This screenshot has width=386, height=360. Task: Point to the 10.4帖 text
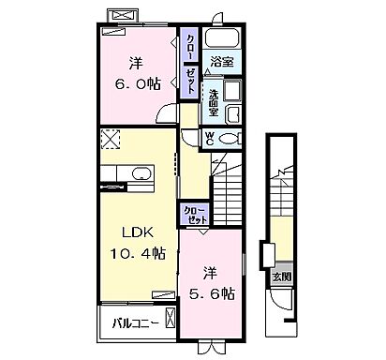(135, 255)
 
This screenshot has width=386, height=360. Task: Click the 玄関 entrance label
(281, 278)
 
